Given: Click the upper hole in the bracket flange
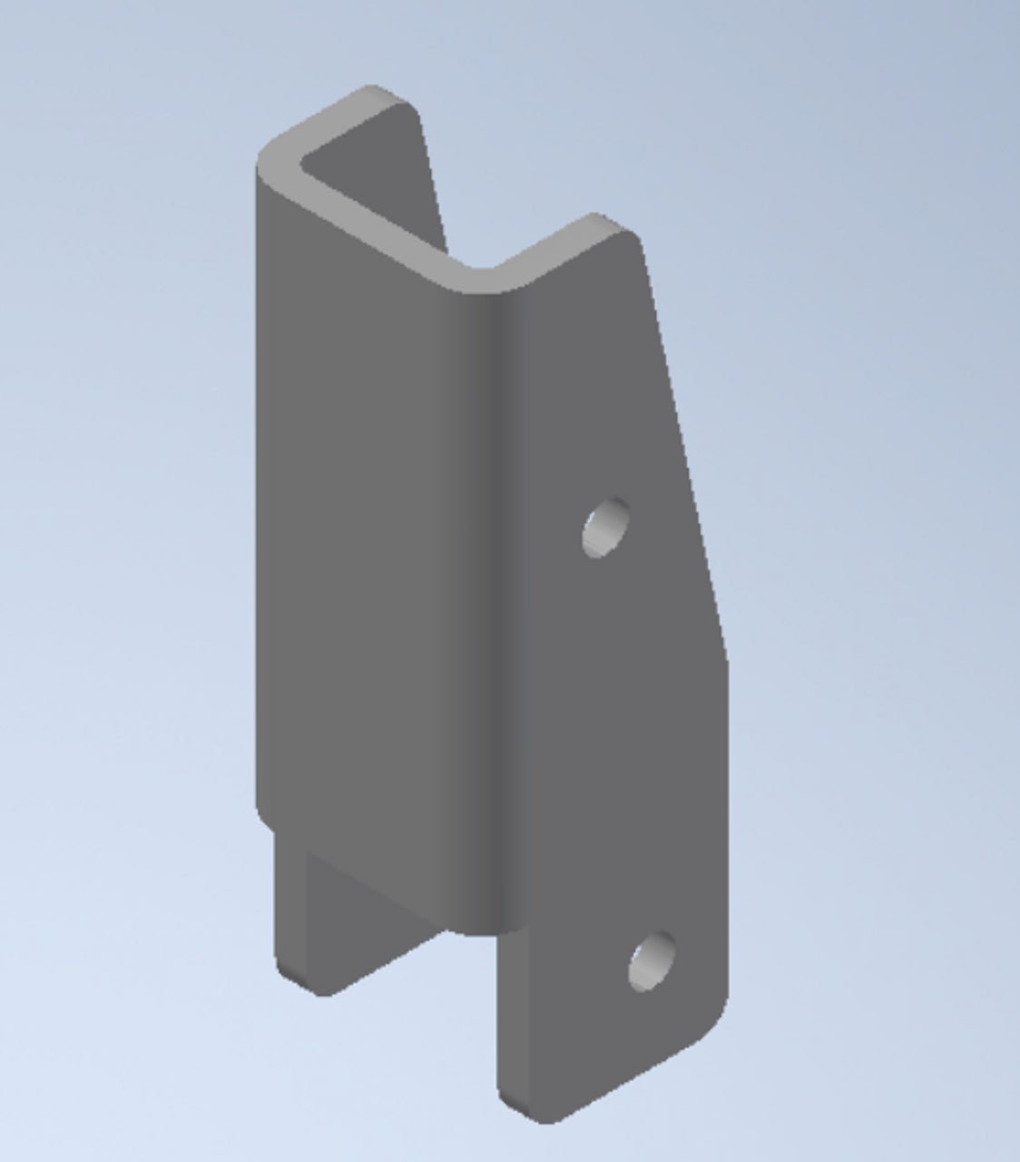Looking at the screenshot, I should [606, 527].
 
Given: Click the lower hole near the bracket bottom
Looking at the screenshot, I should [652, 961].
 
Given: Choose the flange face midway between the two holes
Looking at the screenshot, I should [626, 744].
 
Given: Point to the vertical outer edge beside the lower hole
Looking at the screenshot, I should [726, 908].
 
